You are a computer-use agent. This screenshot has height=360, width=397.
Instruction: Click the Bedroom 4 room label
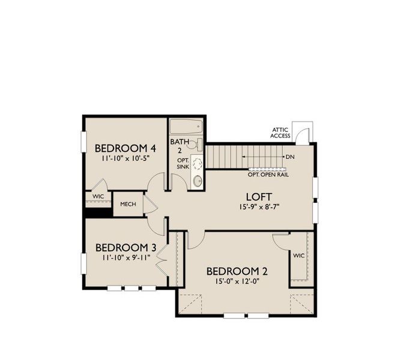(x=126, y=148)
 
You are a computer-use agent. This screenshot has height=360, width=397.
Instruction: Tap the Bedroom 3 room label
(x=126, y=247)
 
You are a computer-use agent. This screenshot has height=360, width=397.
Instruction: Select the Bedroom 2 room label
(x=237, y=271)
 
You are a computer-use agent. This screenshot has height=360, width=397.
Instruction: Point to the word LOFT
(x=259, y=197)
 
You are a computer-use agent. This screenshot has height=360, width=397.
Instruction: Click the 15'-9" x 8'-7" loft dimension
(x=259, y=208)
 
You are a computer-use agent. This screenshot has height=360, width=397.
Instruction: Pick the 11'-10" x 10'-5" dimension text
(x=126, y=160)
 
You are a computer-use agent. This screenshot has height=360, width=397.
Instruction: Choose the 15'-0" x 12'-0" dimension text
(x=237, y=281)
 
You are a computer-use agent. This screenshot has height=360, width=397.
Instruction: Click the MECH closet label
(x=128, y=204)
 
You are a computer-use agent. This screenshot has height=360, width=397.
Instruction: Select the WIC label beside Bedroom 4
(x=98, y=196)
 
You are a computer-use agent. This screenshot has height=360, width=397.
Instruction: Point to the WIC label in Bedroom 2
(x=299, y=256)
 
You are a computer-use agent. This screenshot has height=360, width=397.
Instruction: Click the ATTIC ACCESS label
(x=281, y=133)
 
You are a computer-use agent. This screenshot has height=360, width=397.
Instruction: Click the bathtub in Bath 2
(x=186, y=128)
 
